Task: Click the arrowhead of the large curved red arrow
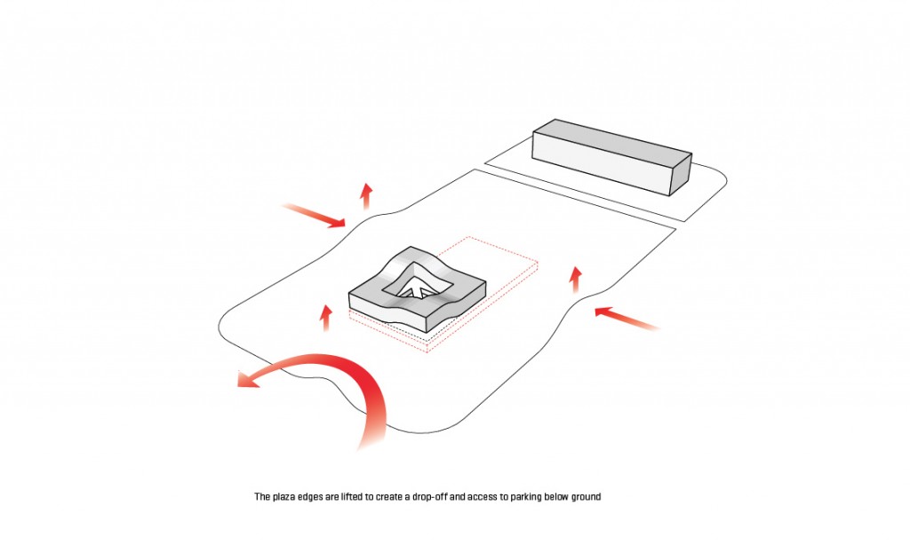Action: pyautogui.click(x=249, y=379)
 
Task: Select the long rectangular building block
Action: pyautogui.click(x=612, y=156)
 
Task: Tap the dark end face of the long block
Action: pyautogui.click(x=681, y=175)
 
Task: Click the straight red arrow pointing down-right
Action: pyautogui.click(x=314, y=215)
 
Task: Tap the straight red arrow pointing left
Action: pyautogui.click(x=627, y=319)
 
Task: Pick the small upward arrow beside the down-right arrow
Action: pyautogui.click(x=366, y=196)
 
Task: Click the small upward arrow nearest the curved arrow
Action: pyautogui.click(x=326, y=318)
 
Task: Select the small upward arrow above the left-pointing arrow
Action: pyautogui.click(x=575, y=280)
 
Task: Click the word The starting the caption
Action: pyautogui.click(x=262, y=496)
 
